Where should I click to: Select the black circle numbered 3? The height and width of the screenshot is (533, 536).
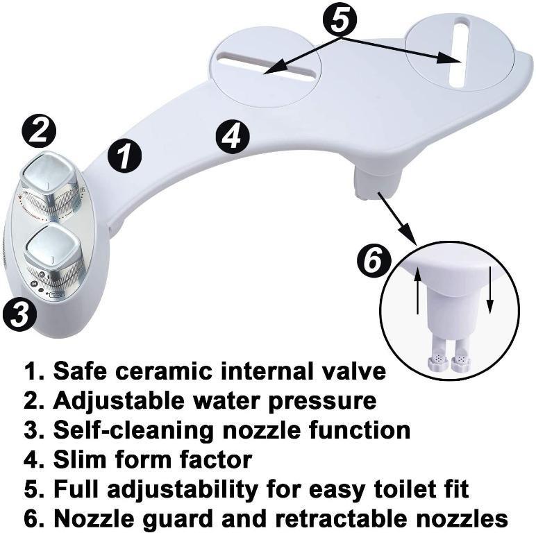(x=19, y=316)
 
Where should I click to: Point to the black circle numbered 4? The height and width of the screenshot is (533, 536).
(x=232, y=136)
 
